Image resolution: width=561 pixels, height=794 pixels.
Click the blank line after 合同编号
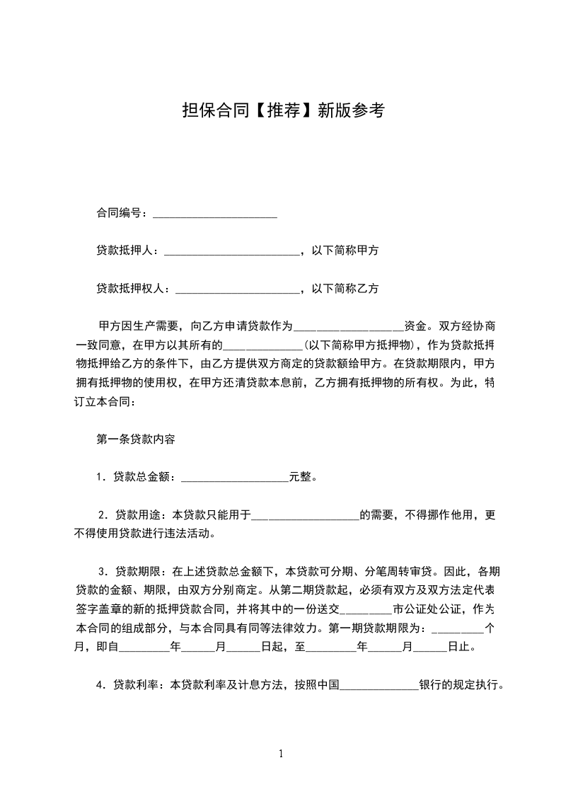pyautogui.click(x=214, y=213)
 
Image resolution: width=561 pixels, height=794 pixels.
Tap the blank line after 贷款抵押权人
pyautogui.click(x=237, y=289)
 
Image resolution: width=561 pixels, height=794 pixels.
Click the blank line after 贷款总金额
pyautogui.click(x=235, y=477)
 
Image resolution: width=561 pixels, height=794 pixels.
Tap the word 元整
pyautogui.click(x=300, y=477)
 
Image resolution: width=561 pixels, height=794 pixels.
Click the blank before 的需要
pyautogui.click(x=306, y=515)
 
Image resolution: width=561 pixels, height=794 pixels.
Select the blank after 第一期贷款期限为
pyautogui.click(x=457, y=628)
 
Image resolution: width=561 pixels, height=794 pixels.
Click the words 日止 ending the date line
pyautogui.click(x=459, y=646)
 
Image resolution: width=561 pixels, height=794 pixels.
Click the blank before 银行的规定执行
pyautogui.click(x=380, y=685)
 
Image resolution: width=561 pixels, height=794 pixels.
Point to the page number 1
pyautogui.click(x=281, y=753)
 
